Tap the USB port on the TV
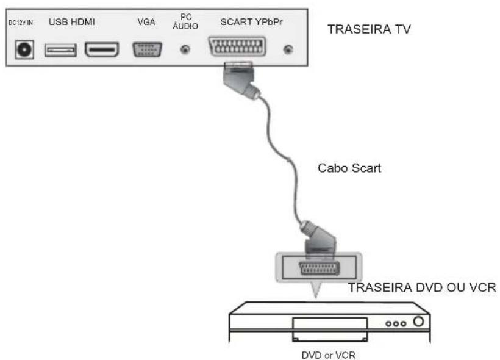coord(60,50)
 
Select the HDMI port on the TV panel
coord(101,50)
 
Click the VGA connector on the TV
coord(147,49)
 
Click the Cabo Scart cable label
coord(349,168)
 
